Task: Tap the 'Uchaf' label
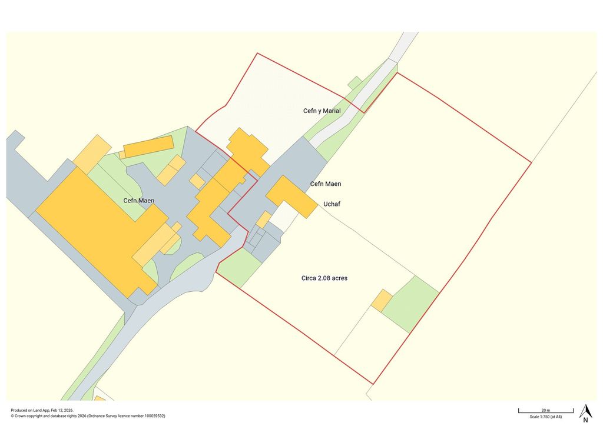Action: tap(332, 204)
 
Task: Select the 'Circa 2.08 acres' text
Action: tap(320, 278)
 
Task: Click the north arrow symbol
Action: tap(585, 412)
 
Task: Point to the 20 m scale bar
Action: tap(545, 410)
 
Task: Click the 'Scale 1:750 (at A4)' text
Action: tap(545, 417)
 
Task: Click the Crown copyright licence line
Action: tap(88, 415)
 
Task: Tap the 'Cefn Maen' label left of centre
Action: tap(139, 201)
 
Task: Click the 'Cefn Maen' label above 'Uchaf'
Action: tap(325, 184)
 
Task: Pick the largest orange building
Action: tap(97, 224)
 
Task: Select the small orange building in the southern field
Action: tap(382, 300)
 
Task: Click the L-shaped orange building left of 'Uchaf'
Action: tap(291, 196)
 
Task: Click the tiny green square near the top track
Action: tap(354, 82)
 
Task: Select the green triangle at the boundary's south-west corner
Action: tap(236, 266)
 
